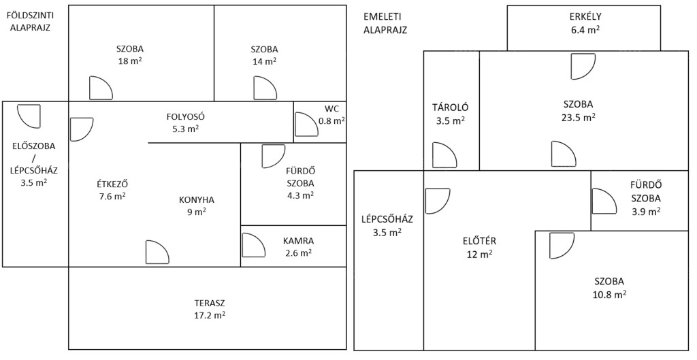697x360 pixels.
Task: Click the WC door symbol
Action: pos(306,125)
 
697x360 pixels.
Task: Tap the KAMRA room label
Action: pos(298,242)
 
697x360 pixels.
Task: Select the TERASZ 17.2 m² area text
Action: pos(210,310)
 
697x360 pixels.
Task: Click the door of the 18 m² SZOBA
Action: pos(101,88)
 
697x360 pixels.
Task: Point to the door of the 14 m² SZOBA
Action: pos(265,88)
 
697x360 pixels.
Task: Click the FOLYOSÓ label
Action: pos(185,117)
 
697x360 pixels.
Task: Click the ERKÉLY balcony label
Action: pos(585,17)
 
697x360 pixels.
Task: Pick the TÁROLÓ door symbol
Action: pos(444,155)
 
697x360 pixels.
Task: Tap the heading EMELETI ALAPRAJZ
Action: pos(385,24)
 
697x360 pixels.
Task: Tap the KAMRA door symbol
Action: pos(254,245)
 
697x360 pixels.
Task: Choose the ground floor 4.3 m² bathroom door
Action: pos(274,157)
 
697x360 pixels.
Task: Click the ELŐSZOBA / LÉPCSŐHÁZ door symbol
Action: pos(29,116)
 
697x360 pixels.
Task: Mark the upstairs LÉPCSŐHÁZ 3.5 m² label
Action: pos(387,225)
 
